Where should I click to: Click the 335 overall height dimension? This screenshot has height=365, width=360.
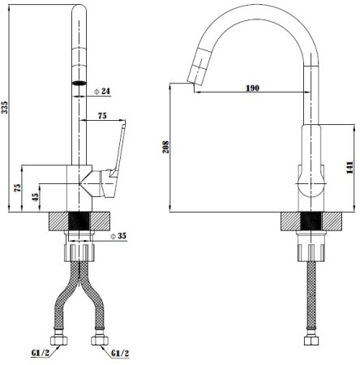coord(5,107)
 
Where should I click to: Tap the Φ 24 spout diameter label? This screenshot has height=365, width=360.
coord(102,92)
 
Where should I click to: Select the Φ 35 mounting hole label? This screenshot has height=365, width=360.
coord(118,236)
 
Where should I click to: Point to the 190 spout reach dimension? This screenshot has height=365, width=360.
coord(252,88)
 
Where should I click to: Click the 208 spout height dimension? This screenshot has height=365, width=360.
coord(165,147)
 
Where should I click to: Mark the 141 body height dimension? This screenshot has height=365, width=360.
coord(349,167)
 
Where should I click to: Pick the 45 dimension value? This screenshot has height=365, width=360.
coord(36,197)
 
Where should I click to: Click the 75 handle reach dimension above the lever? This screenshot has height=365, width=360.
coord(102,116)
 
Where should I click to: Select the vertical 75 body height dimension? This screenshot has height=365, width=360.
coord(17,188)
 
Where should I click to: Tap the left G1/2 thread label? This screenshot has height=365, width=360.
coord(41,353)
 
